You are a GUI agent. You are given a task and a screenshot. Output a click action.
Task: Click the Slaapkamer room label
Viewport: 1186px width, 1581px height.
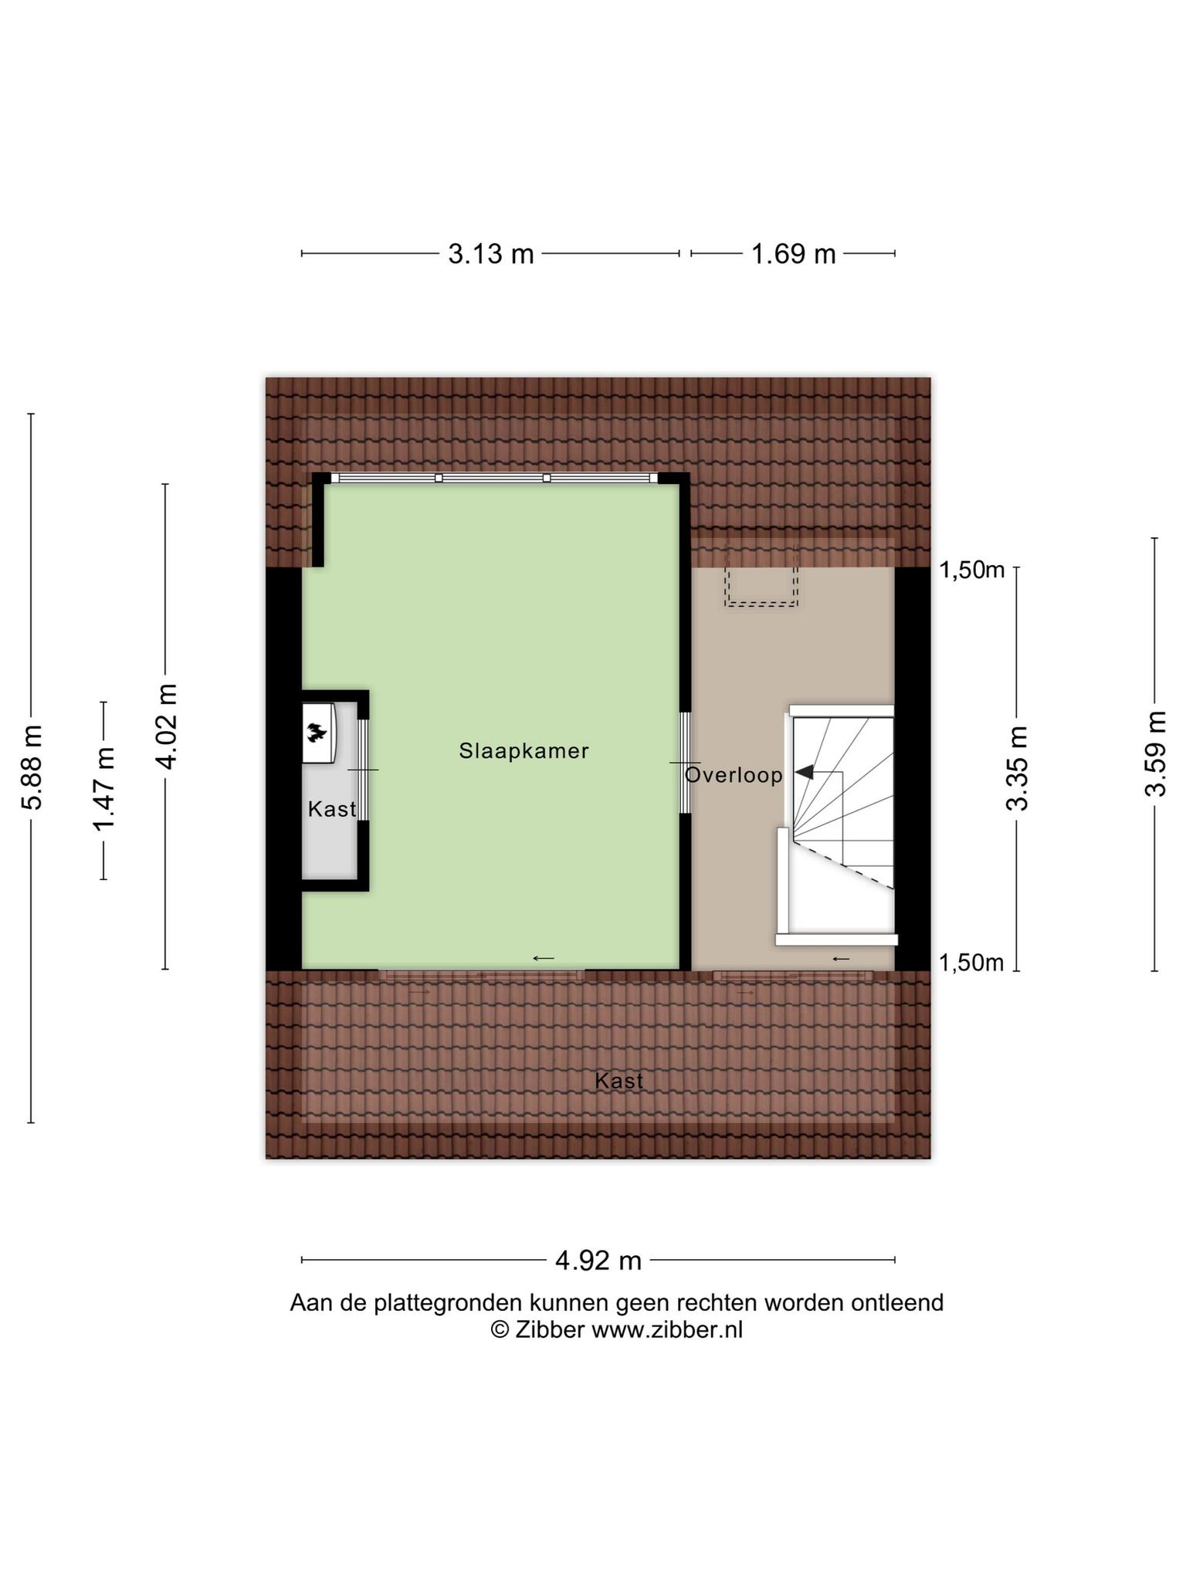(524, 750)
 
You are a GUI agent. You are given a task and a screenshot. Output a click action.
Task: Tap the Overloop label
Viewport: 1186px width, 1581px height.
(734, 775)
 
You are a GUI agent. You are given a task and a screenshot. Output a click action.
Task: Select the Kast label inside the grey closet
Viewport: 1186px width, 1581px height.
(332, 809)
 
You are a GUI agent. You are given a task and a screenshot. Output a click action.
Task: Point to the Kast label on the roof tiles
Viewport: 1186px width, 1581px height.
(619, 1081)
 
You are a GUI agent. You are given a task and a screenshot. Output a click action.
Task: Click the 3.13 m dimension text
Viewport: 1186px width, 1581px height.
(491, 253)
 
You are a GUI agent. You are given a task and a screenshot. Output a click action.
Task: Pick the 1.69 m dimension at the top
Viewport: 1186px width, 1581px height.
(794, 253)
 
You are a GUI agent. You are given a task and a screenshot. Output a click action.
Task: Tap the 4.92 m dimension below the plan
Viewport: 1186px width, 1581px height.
(598, 1261)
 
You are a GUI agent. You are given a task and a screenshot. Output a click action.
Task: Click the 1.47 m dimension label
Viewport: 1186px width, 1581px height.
(103, 790)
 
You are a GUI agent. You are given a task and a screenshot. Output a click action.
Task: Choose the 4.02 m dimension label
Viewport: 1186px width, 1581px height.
(166, 726)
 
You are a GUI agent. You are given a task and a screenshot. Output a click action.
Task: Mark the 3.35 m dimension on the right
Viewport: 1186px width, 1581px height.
(1018, 768)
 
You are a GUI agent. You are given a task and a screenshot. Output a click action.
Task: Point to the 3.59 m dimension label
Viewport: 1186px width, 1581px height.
(1155, 753)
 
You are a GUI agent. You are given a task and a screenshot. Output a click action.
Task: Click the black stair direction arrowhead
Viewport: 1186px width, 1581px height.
(804, 772)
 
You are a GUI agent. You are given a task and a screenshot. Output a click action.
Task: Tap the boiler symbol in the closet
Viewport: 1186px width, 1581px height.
(317, 732)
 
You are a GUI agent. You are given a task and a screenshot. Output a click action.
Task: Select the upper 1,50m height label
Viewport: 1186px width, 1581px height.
(971, 570)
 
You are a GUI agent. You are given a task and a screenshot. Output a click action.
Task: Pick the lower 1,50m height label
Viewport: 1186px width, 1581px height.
(971, 963)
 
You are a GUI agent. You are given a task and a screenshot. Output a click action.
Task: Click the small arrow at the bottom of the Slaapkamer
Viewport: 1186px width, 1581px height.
(544, 959)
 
